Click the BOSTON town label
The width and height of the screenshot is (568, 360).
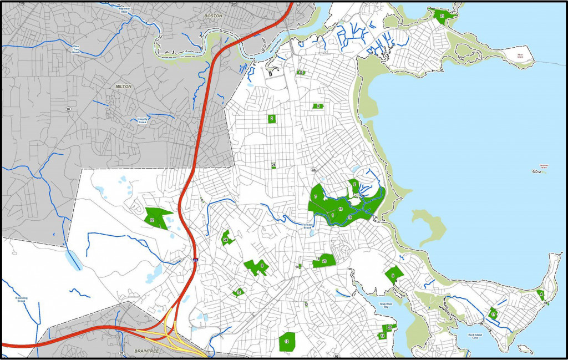pyautogui.click(x=213, y=16)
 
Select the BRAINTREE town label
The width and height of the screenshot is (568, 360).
pyautogui.click(x=148, y=352)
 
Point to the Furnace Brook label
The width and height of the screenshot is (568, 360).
pyautogui.click(x=308, y=226)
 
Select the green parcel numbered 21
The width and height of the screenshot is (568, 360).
pyautogui.click(x=442, y=16)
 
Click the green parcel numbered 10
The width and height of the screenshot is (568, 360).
pyautogui.click(x=287, y=341)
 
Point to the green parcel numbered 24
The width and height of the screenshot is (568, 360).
pyautogui.click(x=226, y=239)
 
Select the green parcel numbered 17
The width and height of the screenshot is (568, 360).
pyautogui.click(x=493, y=315)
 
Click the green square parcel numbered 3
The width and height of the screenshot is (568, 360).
pyautogui.click(x=272, y=118)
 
